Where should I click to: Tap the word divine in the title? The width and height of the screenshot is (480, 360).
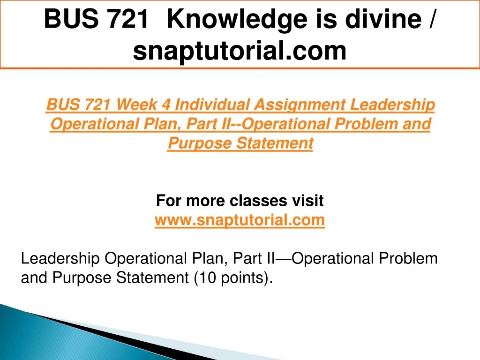point(383,19)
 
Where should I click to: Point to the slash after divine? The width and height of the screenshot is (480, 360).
point(431,19)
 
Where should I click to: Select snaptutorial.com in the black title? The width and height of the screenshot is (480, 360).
point(240,51)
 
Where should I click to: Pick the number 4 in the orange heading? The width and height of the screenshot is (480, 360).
point(166,105)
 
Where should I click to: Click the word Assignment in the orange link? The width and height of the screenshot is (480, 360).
point(300,105)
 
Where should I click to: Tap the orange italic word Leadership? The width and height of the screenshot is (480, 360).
point(393,105)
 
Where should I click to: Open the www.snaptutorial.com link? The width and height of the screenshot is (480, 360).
point(240,220)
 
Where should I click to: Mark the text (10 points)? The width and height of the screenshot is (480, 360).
point(233,278)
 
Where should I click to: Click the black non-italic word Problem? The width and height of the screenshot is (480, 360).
point(408,258)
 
